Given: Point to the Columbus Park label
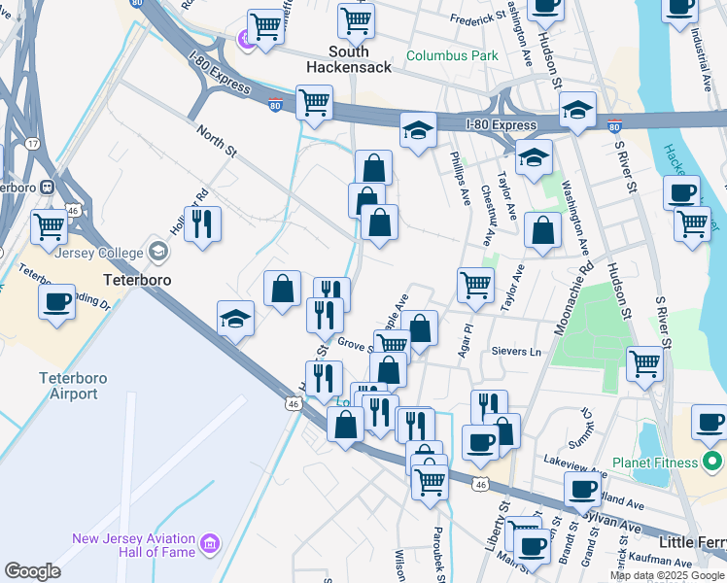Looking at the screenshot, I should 452,55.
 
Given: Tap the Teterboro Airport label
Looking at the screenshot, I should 68,385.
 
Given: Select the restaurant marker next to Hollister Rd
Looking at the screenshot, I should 202,223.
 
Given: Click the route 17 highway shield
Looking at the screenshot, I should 33,145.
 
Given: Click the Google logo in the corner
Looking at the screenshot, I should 32,570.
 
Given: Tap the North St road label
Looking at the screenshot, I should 217,139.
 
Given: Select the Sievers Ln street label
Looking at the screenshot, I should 516,351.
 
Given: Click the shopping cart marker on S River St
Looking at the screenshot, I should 644,364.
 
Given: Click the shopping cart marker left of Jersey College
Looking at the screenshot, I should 49,226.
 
